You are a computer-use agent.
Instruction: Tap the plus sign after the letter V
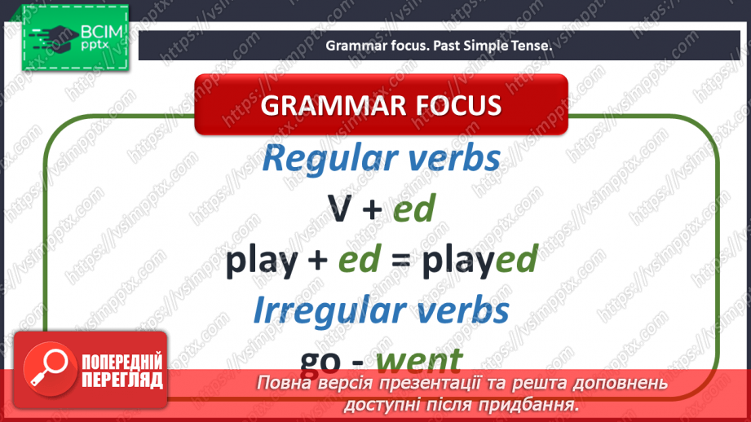(372, 211)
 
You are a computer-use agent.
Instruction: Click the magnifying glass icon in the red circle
(47, 369)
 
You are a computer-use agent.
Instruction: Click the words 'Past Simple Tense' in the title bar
(498, 46)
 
